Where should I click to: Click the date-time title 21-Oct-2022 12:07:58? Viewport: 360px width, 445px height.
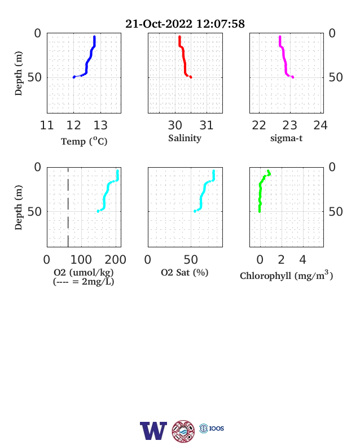[x=185, y=24]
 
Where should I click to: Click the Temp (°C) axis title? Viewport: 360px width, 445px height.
[x=84, y=141]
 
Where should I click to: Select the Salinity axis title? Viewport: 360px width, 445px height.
[x=185, y=138]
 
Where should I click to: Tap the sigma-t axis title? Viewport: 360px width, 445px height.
[x=286, y=138]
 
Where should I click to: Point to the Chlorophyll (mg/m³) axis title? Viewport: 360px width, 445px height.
[x=286, y=275]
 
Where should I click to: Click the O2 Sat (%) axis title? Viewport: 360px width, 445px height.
[x=185, y=272]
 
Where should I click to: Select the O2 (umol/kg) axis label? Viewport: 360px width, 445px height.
[x=84, y=272]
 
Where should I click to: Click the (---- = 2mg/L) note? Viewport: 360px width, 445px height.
[x=84, y=282]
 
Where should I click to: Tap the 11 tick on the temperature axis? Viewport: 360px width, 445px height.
[x=47, y=125]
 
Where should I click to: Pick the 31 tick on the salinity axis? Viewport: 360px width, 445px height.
[x=207, y=125]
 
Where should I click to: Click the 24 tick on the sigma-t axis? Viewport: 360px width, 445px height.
[x=321, y=125]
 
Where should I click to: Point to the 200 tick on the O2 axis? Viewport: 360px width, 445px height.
[x=115, y=260]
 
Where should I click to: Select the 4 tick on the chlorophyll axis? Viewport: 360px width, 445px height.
[x=303, y=260]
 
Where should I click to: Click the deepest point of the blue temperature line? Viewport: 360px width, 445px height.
[x=74, y=77]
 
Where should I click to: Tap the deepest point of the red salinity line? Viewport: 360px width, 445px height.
[x=191, y=77]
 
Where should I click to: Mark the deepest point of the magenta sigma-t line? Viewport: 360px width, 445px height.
[x=293, y=77]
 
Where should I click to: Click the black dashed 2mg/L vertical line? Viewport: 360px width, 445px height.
[x=68, y=207]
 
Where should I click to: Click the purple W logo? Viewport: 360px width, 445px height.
[x=153, y=431]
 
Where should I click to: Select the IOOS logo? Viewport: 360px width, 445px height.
[x=212, y=428]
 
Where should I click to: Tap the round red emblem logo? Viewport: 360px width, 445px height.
[x=183, y=431]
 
